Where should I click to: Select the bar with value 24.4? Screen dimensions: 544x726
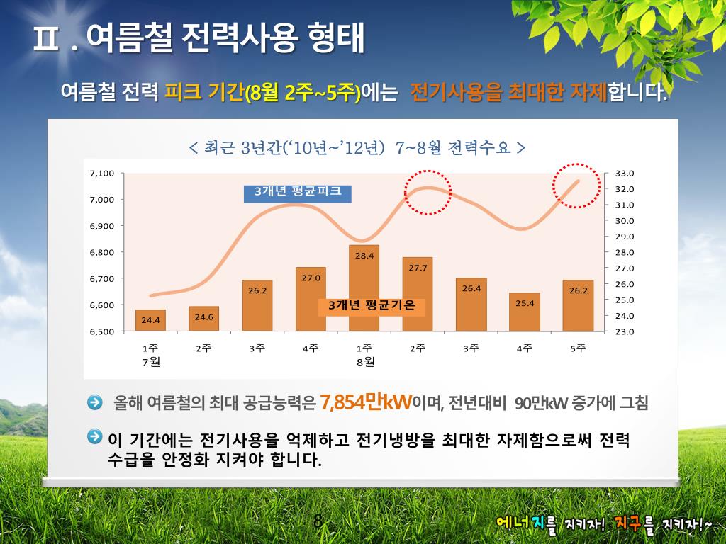[150, 320]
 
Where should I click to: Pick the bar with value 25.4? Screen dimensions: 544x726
[525, 312]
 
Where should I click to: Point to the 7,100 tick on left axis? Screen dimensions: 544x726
[102, 174]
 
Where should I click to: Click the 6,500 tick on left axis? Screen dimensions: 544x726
[102, 331]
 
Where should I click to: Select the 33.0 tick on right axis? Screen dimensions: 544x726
[624, 174]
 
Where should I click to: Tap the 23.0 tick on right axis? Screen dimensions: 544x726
[624, 331]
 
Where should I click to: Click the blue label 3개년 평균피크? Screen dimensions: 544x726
[297, 192]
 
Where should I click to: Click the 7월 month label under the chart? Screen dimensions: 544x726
[150, 362]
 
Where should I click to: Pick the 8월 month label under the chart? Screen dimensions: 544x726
[364, 362]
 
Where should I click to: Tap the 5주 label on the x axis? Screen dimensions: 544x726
[579, 348]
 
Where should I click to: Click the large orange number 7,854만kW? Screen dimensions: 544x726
[366, 402]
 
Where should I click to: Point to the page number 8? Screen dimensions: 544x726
[318, 522]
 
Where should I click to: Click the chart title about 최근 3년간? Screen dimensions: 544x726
[357, 148]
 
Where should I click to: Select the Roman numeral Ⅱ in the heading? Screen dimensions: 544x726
[48, 39]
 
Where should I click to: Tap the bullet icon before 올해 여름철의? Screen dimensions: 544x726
[95, 402]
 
